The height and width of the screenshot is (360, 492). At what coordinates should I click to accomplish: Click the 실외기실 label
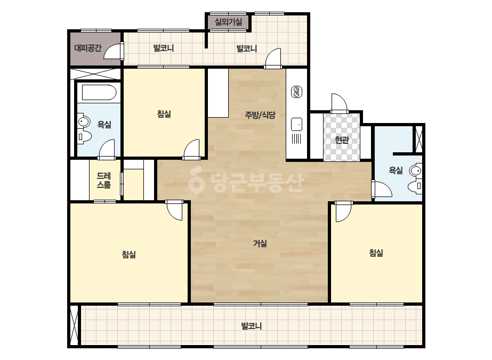228,22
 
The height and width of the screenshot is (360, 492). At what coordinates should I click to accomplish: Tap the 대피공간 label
88,48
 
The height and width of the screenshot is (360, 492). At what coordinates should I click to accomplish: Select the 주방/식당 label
260,115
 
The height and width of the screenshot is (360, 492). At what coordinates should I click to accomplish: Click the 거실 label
260,243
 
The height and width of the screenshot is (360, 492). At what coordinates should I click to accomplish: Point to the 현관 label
342,140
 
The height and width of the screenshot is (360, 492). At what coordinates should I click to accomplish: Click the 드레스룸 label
103,181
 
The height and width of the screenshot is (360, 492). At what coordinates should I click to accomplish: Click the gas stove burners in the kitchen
296,92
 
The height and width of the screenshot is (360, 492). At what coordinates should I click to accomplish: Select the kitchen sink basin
296,124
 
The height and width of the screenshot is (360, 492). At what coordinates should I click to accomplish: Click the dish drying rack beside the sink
296,138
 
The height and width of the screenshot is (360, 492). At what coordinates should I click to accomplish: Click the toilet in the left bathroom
84,137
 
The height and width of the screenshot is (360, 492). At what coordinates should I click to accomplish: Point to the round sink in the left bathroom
84,121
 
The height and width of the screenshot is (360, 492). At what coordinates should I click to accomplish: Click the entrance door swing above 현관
340,103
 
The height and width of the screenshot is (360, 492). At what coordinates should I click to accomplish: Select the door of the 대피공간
113,51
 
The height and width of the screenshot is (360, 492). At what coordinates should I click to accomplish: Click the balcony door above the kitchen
273,58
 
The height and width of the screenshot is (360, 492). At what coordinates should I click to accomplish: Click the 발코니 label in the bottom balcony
252,326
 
